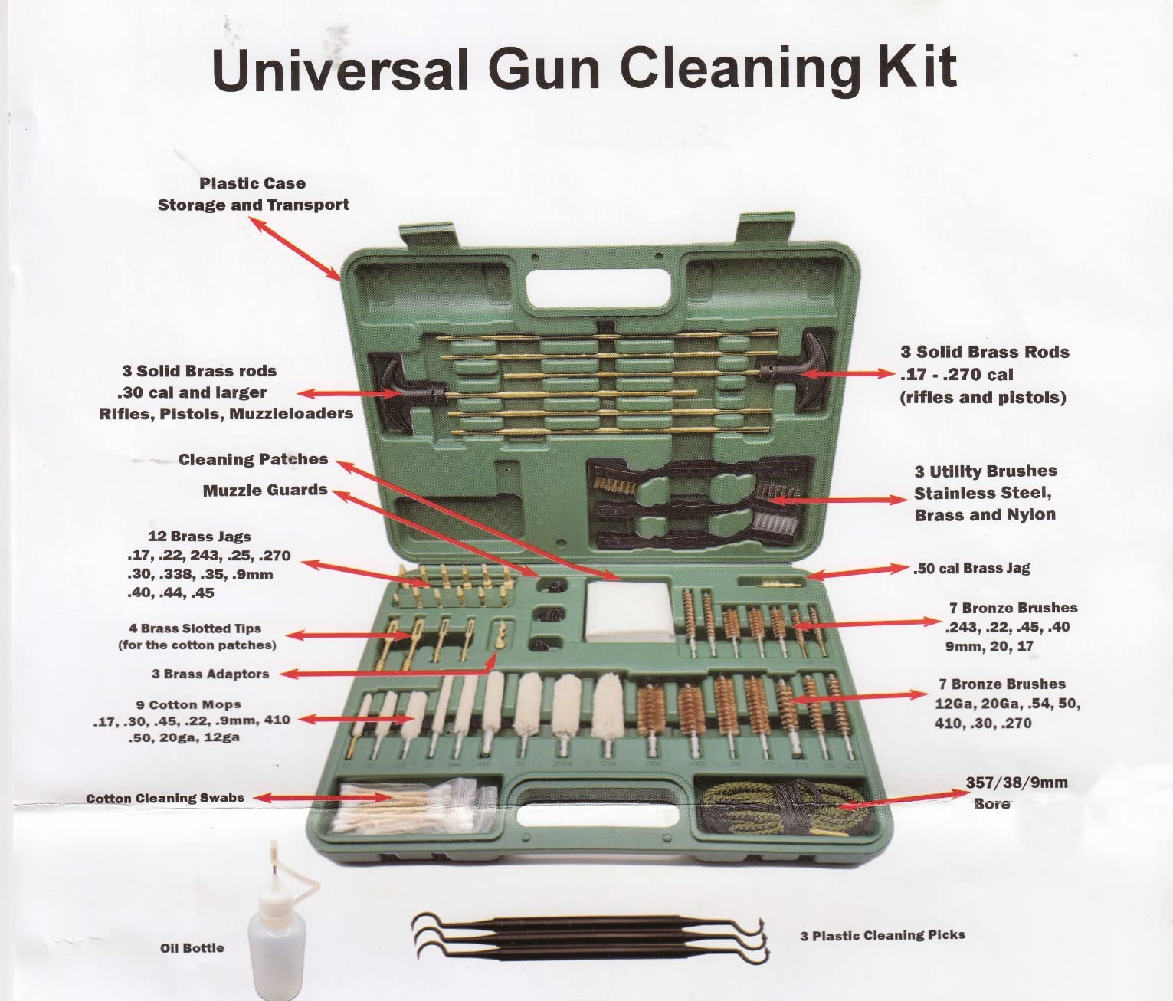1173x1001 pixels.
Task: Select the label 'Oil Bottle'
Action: pos(192,948)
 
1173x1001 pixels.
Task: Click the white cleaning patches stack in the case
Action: pos(630,611)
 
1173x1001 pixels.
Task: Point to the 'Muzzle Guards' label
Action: pos(265,490)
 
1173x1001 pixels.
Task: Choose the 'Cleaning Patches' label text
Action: pos(253,460)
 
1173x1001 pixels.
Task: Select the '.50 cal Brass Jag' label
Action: pos(971,568)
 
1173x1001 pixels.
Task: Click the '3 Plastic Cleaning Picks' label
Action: pos(883,935)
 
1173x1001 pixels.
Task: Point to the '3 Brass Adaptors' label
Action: pos(211,674)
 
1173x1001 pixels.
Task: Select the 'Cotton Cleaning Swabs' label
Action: pos(165,798)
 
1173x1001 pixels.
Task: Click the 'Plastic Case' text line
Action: pos(252,183)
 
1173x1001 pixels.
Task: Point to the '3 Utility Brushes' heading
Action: pos(985,471)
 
